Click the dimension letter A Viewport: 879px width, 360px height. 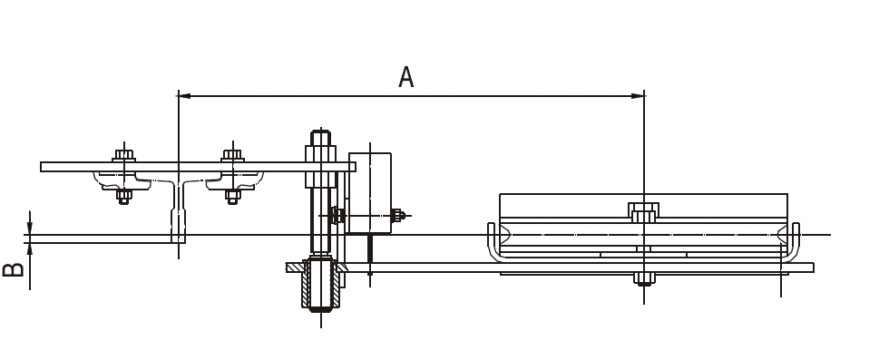coord(405,77)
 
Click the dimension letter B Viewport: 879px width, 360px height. coord(13,269)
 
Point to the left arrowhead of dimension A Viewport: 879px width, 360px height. coord(184,96)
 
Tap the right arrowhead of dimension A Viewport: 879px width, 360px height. coord(638,96)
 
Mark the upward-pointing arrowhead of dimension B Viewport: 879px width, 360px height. coord(30,249)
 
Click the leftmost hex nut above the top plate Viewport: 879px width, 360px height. coord(124,155)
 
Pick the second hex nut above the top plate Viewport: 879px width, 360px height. coord(232,155)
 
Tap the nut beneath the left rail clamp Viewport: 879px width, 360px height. coord(124,196)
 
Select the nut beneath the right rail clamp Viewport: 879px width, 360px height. coord(232,196)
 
